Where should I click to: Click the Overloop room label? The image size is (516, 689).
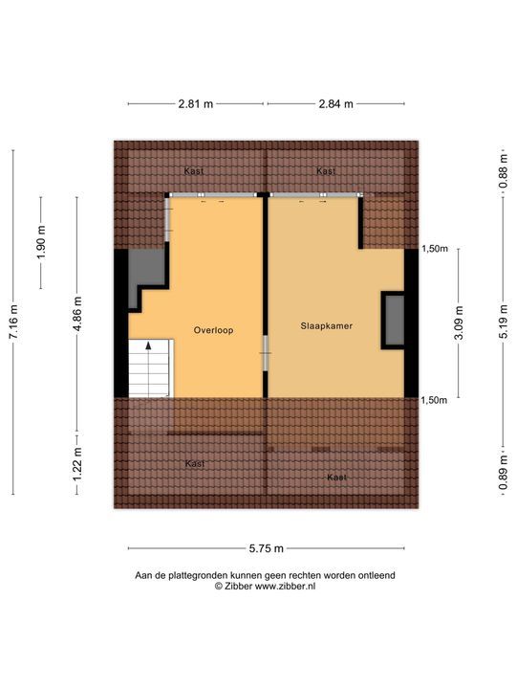pos(213,330)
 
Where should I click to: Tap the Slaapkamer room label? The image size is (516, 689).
pos(326,325)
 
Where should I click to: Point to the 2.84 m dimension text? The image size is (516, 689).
pos(334,103)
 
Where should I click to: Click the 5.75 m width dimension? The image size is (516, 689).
pos(266,548)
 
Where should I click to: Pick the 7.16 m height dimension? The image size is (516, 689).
pos(13,322)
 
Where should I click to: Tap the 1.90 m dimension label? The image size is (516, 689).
pos(40,242)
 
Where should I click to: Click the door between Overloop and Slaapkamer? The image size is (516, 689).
pos(266,358)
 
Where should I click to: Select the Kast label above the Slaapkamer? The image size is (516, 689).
pos(326,171)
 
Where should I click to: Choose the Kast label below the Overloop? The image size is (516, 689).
pos(195,464)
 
